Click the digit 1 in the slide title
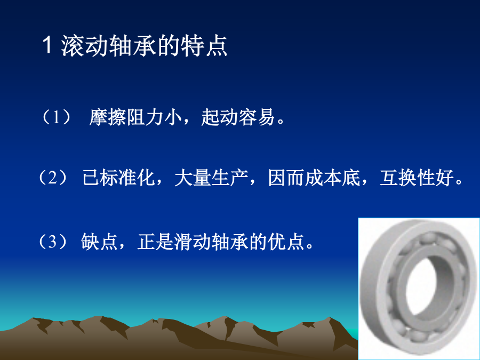pos(46,45)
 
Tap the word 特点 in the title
pos(204,46)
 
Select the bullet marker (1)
pos(56,117)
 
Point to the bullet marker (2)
pos(53,178)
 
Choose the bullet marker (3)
pos(53,242)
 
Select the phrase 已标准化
pos(119,178)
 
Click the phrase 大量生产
pos(211,178)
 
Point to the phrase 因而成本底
pos(314,178)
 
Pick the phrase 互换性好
pos(417,178)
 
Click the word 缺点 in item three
pos(99,242)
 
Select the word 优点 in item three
pos(286,242)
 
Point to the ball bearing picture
pos(419,289)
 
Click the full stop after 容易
pos(281,121)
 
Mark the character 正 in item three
pos(146,242)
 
